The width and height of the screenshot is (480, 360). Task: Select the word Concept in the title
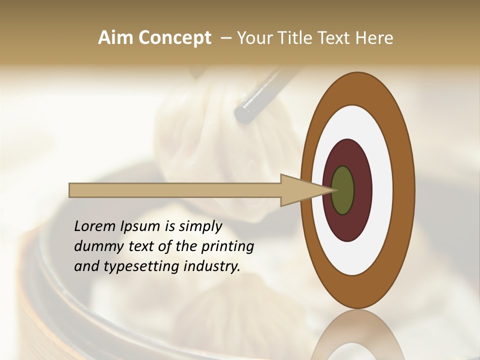click(174, 38)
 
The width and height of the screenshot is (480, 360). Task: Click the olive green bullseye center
click(343, 190)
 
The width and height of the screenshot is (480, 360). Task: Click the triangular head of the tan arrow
click(300, 190)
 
